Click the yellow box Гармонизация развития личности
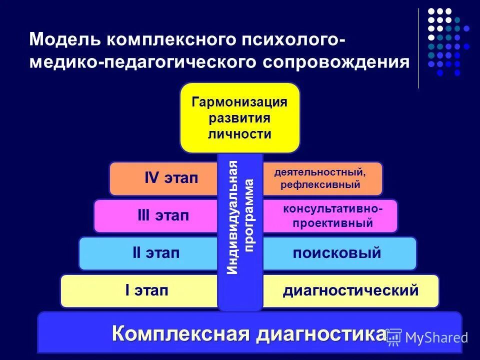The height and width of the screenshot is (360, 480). [x=239, y=117]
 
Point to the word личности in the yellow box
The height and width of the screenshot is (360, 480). [x=239, y=134]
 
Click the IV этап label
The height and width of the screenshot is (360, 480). [x=171, y=178]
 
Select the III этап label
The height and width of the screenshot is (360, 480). [x=163, y=216]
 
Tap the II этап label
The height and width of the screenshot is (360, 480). [x=155, y=253]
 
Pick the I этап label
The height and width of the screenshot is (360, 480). [x=146, y=290]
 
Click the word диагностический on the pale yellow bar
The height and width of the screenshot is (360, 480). [x=350, y=290]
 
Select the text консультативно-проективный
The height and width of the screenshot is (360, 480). [x=332, y=216]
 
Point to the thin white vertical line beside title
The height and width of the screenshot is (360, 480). [x=418, y=47]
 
